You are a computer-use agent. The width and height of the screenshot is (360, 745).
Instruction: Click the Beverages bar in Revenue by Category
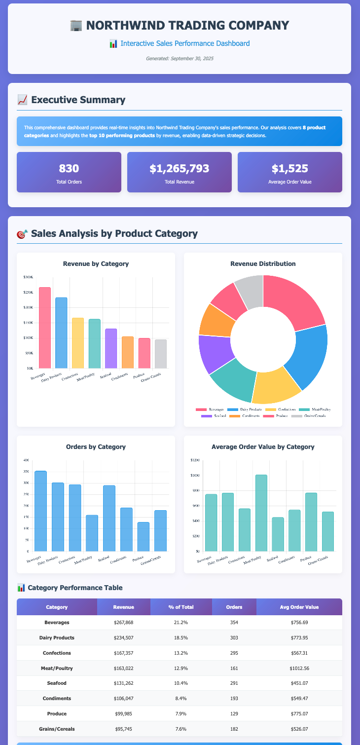click(45, 328)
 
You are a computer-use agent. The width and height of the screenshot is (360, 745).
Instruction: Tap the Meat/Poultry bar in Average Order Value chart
click(261, 513)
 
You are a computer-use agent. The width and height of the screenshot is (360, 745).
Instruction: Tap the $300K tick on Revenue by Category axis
click(29, 277)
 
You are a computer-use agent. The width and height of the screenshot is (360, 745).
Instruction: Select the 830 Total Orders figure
click(69, 169)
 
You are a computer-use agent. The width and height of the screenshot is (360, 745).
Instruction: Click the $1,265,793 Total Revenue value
click(180, 169)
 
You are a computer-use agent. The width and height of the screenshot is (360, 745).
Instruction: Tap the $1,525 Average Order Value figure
click(290, 169)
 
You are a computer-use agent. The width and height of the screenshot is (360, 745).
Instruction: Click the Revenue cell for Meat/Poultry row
click(123, 668)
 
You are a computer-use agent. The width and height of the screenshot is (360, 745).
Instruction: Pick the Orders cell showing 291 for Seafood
click(234, 683)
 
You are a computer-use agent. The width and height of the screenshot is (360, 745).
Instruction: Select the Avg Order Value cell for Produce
click(299, 714)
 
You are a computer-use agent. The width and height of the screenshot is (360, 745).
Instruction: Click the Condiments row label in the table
click(57, 699)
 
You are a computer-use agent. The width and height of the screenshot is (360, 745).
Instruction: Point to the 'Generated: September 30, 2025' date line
click(180, 59)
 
